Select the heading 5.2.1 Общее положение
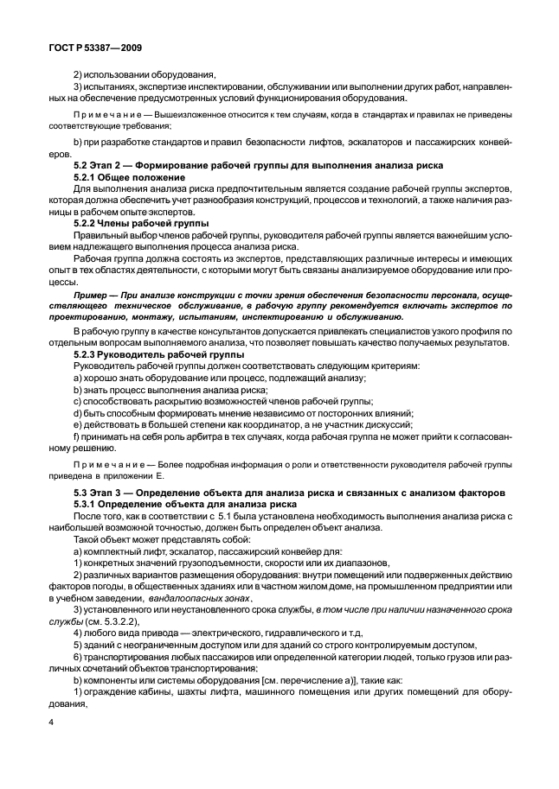point(129,176)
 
